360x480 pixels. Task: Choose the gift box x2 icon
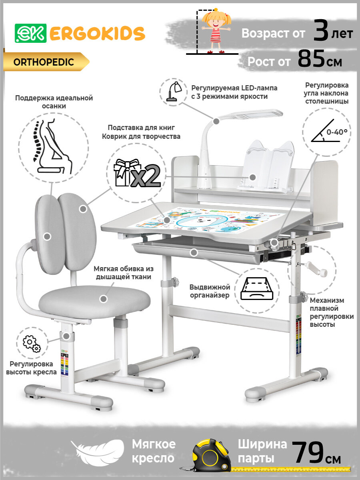point(137,173)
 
